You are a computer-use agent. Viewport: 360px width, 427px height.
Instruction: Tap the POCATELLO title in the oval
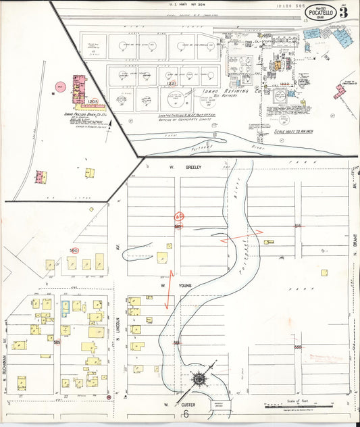click(x=318, y=12)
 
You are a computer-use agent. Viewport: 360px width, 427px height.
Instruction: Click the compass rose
click(x=198, y=379)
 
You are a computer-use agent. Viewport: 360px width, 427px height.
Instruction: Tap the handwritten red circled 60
click(x=179, y=217)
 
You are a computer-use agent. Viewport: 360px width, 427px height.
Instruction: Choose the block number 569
click(x=57, y=343)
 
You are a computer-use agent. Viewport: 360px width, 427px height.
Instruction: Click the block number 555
click(x=297, y=346)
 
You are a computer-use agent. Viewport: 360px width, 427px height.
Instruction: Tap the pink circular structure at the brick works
click(x=60, y=86)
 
